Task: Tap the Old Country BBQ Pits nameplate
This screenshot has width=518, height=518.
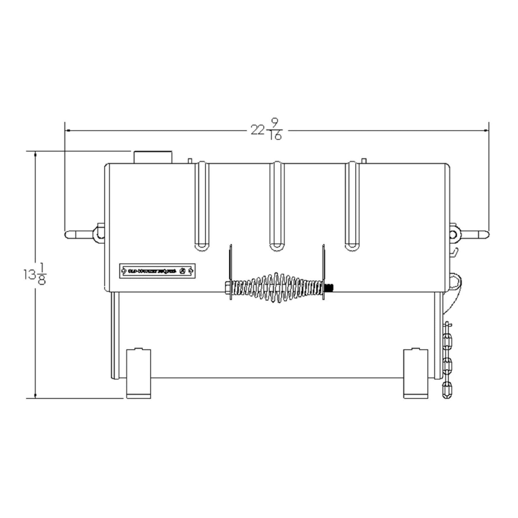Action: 157,271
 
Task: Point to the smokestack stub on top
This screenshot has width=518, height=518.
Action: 153,157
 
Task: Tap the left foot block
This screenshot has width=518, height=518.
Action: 139,374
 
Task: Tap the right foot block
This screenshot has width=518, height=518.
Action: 416,374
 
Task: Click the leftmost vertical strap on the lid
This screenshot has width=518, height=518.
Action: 202,206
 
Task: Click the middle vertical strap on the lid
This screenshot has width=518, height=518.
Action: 277,206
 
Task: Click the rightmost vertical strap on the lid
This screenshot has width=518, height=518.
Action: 352,206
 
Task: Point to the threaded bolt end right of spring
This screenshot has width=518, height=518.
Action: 329,287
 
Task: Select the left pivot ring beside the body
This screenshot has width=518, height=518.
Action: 99,233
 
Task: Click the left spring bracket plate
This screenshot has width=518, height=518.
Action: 231,272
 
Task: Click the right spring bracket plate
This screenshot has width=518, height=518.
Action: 323,272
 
